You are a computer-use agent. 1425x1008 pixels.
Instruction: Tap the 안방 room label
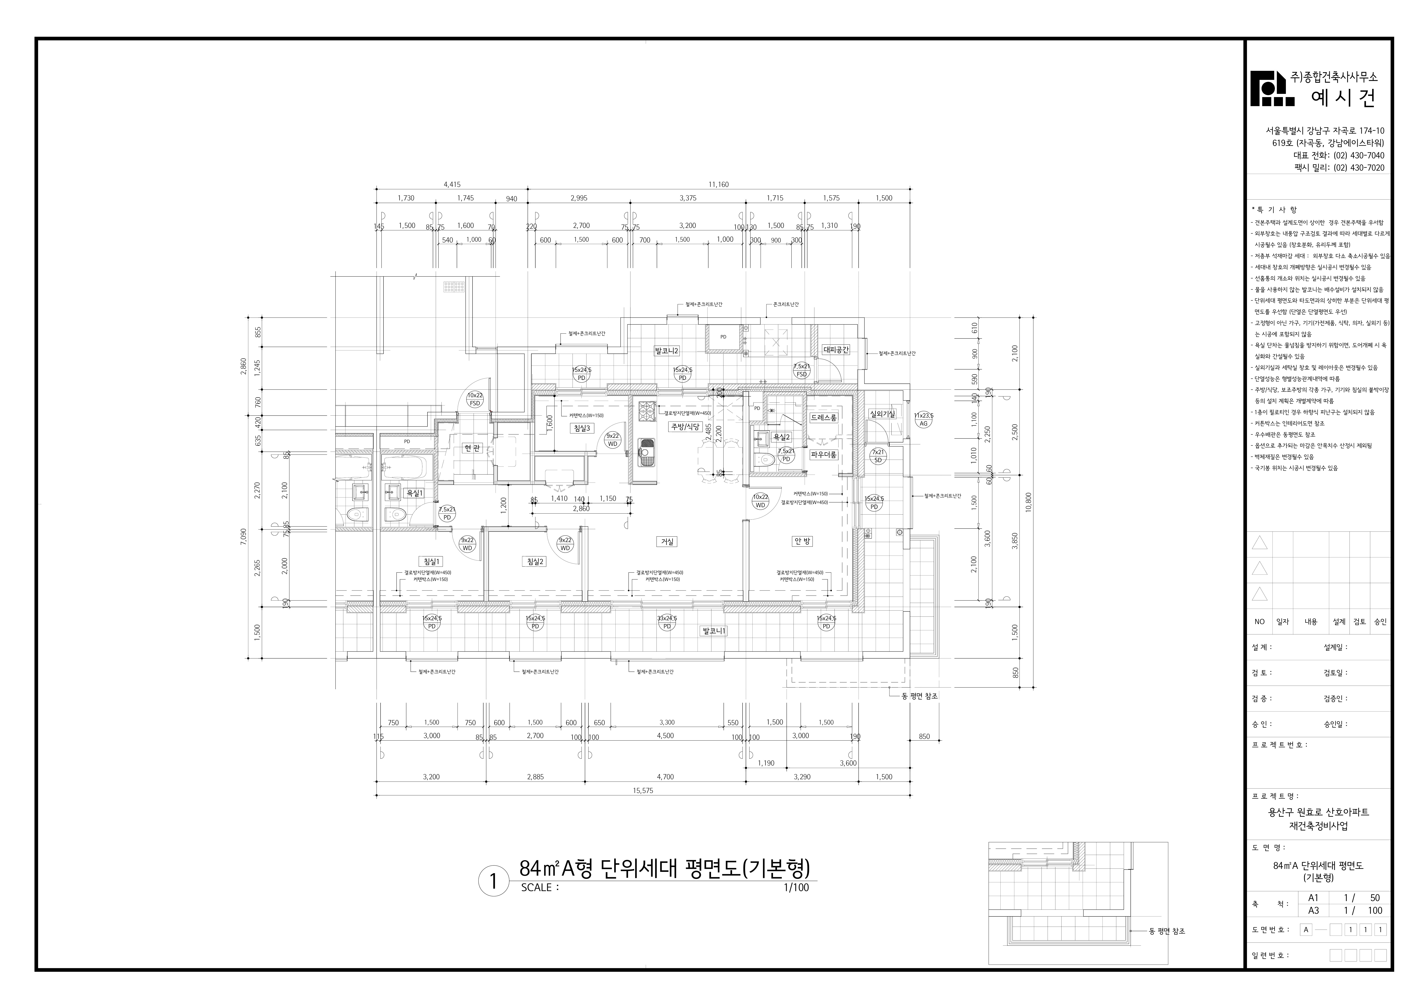[x=802, y=541]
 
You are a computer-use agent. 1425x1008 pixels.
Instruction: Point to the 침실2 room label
[x=535, y=562]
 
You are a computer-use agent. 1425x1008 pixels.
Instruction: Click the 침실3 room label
[x=583, y=428]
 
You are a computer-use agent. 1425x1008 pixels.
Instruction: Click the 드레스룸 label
[x=823, y=418]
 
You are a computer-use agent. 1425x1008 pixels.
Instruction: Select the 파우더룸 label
[x=823, y=455]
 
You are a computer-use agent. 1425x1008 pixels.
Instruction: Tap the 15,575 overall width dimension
[x=643, y=791]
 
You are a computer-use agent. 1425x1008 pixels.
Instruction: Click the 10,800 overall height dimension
[x=1028, y=501]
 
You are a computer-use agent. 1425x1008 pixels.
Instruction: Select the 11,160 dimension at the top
[x=719, y=184]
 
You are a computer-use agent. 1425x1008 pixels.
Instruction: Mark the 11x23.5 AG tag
[x=924, y=420]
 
